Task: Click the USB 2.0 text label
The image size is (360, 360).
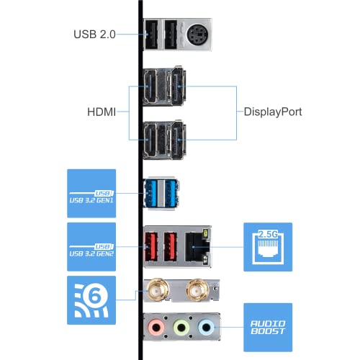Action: click(x=94, y=35)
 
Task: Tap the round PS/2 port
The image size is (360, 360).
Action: click(x=197, y=35)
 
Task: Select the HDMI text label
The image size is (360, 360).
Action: click(x=102, y=112)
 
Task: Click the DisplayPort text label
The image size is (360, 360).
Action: click(x=273, y=112)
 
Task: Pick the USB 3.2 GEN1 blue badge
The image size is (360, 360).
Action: click(x=91, y=194)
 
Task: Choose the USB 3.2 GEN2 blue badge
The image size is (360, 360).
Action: click(x=91, y=247)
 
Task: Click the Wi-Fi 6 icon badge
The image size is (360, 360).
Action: click(x=91, y=300)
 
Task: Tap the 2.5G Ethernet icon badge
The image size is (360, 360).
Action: click(x=268, y=247)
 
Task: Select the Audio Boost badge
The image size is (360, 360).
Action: click(x=268, y=328)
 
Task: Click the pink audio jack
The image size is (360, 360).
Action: click(x=156, y=327)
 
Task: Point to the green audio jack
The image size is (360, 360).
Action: click(x=181, y=327)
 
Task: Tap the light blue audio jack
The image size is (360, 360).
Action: click(x=206, y=327)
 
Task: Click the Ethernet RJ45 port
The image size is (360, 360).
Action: click(x=197, y=247)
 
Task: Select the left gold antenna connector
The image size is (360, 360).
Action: click(x=157, y=291)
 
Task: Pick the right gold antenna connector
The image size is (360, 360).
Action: click(x=197, y=291)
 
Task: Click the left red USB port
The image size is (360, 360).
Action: click(x=151, y=247)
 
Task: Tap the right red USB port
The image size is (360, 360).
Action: click(x=171, y=247)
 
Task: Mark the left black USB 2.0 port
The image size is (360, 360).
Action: click(x=151, y=35)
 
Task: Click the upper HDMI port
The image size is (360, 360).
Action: click(x=150, y=86)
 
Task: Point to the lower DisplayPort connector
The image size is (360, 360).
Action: click(x=178, y=140)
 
